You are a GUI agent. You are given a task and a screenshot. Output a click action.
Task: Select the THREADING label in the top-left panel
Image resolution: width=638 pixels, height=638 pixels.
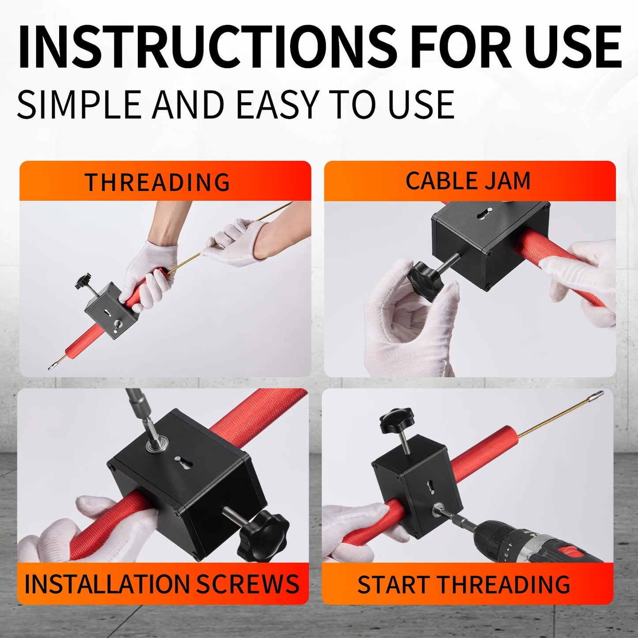click(x=157, y=182)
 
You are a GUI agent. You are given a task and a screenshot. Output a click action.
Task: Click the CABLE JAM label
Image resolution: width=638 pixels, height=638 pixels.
click(x=468, y=181)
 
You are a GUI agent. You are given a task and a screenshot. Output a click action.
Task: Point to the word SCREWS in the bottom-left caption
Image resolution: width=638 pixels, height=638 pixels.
click(x=247, y=584)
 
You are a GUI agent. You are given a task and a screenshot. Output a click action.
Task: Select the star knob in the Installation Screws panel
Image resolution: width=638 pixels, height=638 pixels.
click(x=262, y=535)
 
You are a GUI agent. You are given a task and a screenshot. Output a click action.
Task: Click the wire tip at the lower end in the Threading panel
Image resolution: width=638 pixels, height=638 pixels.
click(x=52, y=366)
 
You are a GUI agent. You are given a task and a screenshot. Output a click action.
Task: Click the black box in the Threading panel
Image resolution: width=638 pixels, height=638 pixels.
click(x=108, y=311)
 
